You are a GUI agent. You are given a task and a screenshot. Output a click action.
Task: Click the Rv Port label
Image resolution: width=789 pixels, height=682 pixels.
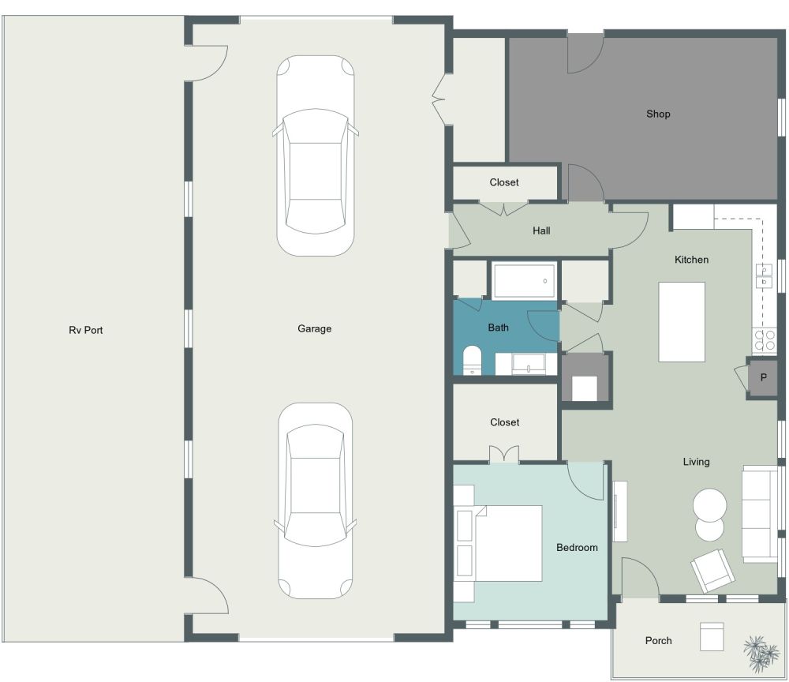85,330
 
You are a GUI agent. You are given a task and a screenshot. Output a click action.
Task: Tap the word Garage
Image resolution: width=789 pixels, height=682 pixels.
314,328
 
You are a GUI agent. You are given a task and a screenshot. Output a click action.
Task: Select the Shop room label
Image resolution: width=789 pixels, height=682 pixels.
658,114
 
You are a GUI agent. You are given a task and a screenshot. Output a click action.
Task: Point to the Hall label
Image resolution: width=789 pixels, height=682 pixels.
541,230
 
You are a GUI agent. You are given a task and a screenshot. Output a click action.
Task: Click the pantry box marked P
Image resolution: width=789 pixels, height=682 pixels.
763,378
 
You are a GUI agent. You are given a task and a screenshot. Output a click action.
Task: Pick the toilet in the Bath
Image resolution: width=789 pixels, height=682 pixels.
472,359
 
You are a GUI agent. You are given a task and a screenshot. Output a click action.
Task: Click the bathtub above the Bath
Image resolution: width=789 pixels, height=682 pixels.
524,280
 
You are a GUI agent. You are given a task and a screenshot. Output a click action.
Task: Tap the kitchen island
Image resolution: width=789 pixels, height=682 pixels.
682,321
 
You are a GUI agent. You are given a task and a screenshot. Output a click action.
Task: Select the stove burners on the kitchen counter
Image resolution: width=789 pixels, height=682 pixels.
765,340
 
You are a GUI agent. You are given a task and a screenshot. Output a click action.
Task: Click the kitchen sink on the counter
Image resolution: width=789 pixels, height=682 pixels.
764,275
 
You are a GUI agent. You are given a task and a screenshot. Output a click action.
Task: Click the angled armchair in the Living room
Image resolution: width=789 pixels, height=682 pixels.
712,570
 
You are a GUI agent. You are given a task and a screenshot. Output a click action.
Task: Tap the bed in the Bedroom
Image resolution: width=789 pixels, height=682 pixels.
505,543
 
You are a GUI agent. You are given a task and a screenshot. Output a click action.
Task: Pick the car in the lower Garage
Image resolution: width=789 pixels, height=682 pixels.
315,501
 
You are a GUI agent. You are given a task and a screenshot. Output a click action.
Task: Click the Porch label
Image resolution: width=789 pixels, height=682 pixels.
658,640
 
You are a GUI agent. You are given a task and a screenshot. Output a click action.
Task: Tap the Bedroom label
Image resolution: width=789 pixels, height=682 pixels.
577,547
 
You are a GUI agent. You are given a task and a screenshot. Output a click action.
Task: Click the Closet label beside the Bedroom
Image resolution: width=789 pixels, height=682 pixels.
505,422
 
